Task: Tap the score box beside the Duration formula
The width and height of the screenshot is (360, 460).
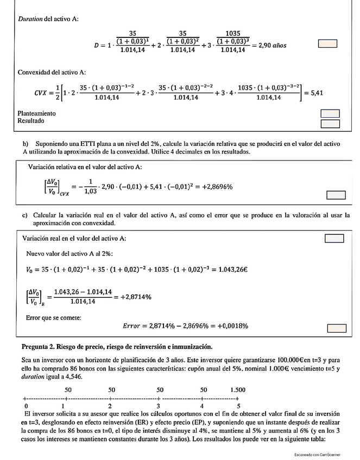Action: tap(327, 43)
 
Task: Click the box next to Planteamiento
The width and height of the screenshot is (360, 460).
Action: tap(330, 113)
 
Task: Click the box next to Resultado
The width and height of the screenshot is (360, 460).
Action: tap(330, 123)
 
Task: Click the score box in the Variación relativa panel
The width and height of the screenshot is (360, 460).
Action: tap(336, 195)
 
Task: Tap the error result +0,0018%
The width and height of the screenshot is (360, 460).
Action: tap(229, 326)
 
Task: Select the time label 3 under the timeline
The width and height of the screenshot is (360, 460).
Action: tap(158, 405)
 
